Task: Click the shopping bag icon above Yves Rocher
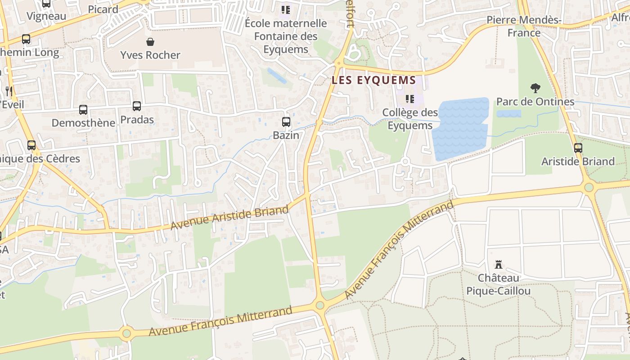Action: click(150, 42)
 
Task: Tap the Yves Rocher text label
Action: click(150, 55)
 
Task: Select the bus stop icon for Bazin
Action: click(286, 121)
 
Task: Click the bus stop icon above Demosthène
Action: click(83, 109)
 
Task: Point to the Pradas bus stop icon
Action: click(137, 106)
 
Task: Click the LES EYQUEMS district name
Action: click(373, 81)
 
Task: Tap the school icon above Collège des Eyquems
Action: click(409, 99)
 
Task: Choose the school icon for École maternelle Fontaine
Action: click(286, 9)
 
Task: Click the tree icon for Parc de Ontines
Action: click(535, 88)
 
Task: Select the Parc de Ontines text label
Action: click(535, 102)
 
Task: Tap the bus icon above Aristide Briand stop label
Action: click(578, 148)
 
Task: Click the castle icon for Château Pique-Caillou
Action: click(498, 264)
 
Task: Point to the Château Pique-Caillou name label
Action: click(498, 284)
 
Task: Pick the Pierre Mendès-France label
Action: click(524, 26)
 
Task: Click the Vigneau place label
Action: click(46, 16)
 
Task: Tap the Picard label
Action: click(103, 9)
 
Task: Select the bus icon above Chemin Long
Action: click(26, 39)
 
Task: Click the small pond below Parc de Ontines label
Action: click(508, 114)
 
